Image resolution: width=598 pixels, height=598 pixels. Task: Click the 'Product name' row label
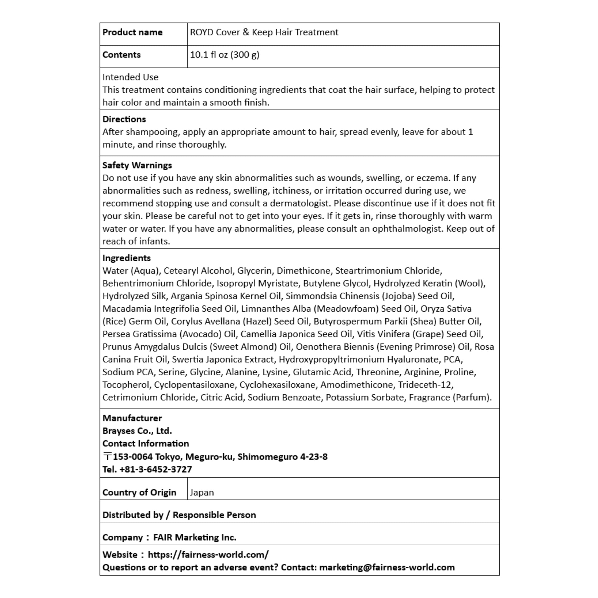[x=132, y=33]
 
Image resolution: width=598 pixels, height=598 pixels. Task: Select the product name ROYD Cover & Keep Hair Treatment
[x=264, y=33]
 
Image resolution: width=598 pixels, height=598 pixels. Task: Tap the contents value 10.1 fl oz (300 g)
[x=224, y=55]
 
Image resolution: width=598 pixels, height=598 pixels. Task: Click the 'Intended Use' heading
[x=130, y=77]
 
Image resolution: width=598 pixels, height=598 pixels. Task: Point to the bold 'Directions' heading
[x=124, y=119]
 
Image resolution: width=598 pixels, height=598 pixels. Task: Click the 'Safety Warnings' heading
[x=137, y=165]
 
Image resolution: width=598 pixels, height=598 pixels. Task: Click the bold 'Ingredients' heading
[x=126, y=258]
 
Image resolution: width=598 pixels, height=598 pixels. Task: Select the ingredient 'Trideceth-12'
[x=425, y=385]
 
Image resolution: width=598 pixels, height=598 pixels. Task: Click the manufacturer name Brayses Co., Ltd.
[x=137, y=431]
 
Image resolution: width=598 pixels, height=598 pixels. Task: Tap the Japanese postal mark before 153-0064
[x=107, y=457]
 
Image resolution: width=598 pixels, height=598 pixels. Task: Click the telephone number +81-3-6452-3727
[x=155, y=469]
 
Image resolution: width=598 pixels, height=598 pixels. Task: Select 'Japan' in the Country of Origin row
[x=202, y=493]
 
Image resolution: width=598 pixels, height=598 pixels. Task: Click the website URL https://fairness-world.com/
[x=208, y=554]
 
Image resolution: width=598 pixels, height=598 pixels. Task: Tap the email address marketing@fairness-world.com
[x=387, y=567]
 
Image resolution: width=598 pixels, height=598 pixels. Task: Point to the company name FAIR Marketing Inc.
[x=195, y=537]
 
